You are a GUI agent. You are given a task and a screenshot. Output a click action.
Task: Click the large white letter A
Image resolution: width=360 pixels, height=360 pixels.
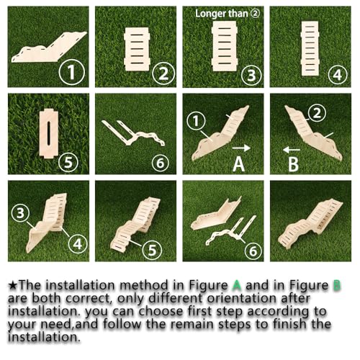tap(238, 164)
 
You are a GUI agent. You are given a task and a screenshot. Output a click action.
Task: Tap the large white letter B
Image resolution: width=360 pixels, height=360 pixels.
tap(293, 164)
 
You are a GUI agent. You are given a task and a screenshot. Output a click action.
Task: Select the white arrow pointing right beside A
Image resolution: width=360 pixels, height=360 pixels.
tap(241, 148)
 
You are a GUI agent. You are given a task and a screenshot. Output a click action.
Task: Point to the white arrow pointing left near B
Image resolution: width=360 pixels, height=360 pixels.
tap(292, 150)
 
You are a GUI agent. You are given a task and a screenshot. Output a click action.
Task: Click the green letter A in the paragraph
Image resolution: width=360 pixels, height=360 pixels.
tap(236, 285)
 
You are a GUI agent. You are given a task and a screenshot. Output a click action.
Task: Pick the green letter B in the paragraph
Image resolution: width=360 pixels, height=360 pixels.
tap(337, 285)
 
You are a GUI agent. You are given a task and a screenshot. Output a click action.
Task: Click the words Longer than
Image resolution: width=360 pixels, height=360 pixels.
tap(221, 14)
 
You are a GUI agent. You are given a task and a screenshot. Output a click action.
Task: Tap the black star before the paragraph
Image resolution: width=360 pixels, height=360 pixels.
tap(12, 286)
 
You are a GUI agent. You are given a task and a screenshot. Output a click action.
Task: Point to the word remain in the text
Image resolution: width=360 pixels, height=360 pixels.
tap(192, 324)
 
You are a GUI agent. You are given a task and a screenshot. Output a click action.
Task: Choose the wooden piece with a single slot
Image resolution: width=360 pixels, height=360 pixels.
tap(49, 133)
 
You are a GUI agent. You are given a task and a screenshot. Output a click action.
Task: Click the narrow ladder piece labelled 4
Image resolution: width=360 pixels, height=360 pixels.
tap(310, 48)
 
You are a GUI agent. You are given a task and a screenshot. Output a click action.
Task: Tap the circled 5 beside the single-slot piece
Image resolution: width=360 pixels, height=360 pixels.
tap(68, 163)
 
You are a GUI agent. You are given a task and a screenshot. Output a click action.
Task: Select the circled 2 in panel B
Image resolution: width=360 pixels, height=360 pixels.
tap(317, 113)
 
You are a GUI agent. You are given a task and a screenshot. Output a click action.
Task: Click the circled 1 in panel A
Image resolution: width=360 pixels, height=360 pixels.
tap(196, 121)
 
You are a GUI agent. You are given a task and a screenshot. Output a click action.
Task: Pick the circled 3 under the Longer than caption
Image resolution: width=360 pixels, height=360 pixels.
tap(251, 75)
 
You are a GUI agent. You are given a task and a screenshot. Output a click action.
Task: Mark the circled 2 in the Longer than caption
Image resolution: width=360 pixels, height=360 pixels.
tap(255, 14)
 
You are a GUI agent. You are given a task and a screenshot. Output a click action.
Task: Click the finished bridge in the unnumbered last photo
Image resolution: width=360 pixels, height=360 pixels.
tap(310, 220)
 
